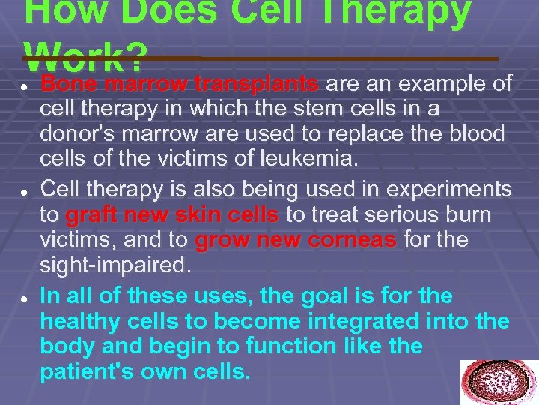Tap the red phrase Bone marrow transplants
tap(180, 82)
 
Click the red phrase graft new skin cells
tap(173, 216)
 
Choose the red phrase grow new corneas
tap(296, 241)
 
